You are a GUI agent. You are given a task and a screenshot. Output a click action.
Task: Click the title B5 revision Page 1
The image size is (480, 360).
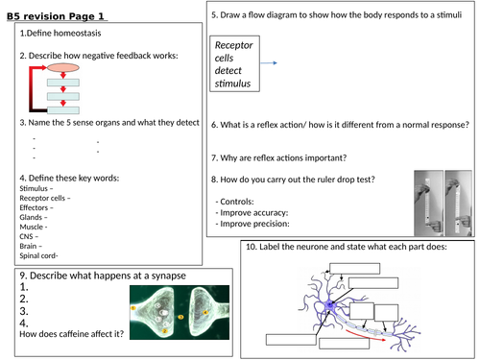(57, 14)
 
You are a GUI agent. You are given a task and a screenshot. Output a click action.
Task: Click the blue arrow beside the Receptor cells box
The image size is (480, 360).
(276, 62)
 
